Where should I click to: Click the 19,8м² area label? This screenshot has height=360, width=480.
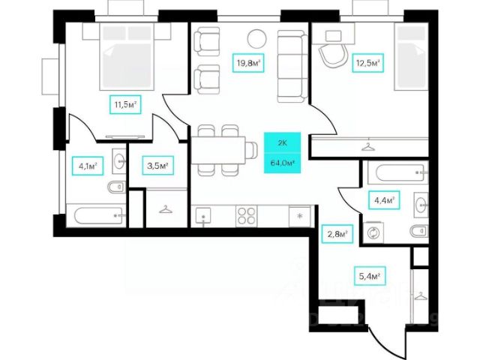pos(248,64)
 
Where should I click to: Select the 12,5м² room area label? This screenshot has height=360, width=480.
pos(367,64)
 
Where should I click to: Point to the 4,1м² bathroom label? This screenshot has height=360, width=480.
pos(87,166)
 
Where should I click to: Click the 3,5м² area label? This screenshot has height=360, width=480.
pos(156,165)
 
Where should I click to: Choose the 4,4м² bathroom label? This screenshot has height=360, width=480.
pos(382,200)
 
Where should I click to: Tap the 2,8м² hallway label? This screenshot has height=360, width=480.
pos(337,235)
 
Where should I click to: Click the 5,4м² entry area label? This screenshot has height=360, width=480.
pos(368,277)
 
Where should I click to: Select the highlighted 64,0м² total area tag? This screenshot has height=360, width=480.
pos(281,161)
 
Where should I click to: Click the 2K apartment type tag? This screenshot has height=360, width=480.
pos(281,141)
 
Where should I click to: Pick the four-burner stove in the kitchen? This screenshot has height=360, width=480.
pos(247,215)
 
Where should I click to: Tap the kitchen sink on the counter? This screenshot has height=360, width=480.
pos(204,215)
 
